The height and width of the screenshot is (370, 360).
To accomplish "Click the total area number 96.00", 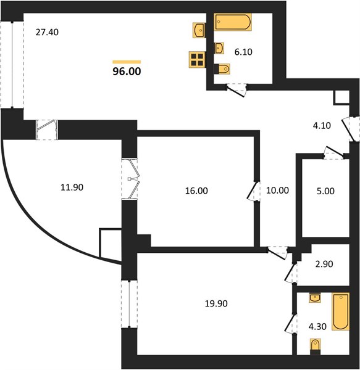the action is pyautogui.click(x=127, y=72).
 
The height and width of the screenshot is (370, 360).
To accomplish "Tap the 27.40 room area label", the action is pyautogui.click(x=47, y=32).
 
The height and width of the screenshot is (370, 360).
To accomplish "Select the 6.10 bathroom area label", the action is pyautogui.click(x=243, y=52).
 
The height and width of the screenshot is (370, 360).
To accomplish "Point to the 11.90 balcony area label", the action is pyautogui.click(x=72, y=187).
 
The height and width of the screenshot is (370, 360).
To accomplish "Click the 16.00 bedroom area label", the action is pyautogui.click(x=196, y=191).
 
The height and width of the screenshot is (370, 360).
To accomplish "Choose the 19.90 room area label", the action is pyautogui.click(x=216, y=303).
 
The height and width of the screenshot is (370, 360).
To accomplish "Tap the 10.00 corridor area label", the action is pyautogui.click(x=277, y=190).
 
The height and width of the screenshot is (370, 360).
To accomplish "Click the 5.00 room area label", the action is pyautogui.click(x=325, y=191).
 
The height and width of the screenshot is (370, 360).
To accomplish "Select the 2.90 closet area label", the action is pyautogui.click(x=324, y=264).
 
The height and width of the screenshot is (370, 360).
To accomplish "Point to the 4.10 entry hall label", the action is pyautogui.click(x=322, y=126).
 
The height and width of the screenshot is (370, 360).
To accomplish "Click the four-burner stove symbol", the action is pyautogui.click(x=197, y=60).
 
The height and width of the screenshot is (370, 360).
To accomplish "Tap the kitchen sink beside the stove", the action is pyautogui.click(x=199, y=30).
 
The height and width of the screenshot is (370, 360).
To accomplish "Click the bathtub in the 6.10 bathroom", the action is pyautogui.click(x=233, y=22).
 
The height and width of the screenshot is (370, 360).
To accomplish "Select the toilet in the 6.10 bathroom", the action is pyautogui.click(x=222, y=69).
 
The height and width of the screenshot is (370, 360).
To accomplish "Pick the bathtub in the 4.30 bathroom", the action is pyautogui.click(x=340, y=311).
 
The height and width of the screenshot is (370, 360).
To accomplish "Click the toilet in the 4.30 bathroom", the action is pyautogui.click(x=315, y=347).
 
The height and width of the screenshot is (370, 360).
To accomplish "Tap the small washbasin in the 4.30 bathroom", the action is pyautogui.click(x=315, y=298).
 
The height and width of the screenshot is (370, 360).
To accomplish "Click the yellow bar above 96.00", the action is pyautogui.click(x=127, y=62).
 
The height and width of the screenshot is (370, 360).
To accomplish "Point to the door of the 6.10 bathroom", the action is pyautogui.click(x=237, y=91).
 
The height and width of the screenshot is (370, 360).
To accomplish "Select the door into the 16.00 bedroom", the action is pyautogui.click(x=253, y=191).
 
